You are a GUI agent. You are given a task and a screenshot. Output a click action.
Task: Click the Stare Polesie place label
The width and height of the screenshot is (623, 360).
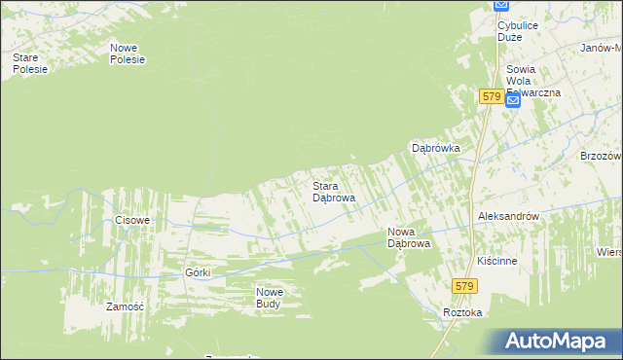(25, 63)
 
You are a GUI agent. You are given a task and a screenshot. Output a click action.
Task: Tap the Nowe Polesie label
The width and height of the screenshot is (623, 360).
(128, 53)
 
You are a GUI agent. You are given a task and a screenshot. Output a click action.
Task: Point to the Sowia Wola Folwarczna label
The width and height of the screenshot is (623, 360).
(532, 80)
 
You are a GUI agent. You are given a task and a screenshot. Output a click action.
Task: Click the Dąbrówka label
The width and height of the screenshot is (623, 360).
(435, 148)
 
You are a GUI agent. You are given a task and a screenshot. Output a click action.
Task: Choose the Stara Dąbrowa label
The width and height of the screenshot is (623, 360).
(333, 191)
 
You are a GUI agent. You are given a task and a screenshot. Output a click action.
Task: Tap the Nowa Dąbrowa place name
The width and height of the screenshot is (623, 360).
(409, 237)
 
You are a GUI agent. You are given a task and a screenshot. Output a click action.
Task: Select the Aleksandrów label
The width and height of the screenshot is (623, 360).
(509, 216)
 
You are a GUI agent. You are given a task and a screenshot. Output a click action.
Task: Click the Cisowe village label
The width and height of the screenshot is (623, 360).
(132, 220)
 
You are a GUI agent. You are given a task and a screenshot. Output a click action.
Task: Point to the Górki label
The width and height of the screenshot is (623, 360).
(198, 272)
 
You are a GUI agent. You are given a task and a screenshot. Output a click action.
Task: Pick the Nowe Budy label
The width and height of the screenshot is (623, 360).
(269, 298)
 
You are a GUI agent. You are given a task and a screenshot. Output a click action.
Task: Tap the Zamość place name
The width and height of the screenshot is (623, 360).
(125, 306)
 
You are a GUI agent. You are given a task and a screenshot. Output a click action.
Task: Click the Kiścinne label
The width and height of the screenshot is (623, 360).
(496, 262)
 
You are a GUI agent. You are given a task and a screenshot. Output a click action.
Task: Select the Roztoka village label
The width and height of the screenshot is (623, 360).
(462, 312)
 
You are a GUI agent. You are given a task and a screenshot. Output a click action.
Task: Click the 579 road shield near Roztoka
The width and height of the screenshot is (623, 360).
(464, 285)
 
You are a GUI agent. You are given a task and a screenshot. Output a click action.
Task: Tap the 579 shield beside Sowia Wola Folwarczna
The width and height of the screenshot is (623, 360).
(491, 97)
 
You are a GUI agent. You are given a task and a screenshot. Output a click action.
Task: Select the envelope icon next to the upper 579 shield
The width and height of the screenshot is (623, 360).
(513, 99)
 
